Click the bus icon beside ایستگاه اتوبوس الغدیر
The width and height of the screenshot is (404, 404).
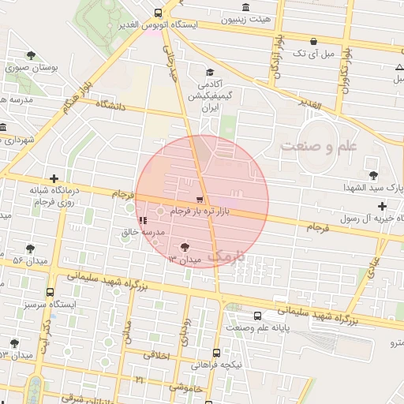[159, 13]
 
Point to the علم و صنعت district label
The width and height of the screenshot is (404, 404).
[318, 145]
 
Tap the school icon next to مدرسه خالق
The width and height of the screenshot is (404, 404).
[142, 220]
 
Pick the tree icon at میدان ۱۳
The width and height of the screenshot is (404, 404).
[185, 246]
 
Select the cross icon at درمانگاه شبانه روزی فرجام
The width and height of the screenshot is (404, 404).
[54, 179]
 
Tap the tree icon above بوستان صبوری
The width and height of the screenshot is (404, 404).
[31, 55]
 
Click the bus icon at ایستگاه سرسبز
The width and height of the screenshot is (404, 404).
[50, 290]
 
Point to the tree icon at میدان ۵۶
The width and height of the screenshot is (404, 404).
[31, 248]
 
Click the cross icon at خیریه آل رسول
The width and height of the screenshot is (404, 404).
[383, 206]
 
